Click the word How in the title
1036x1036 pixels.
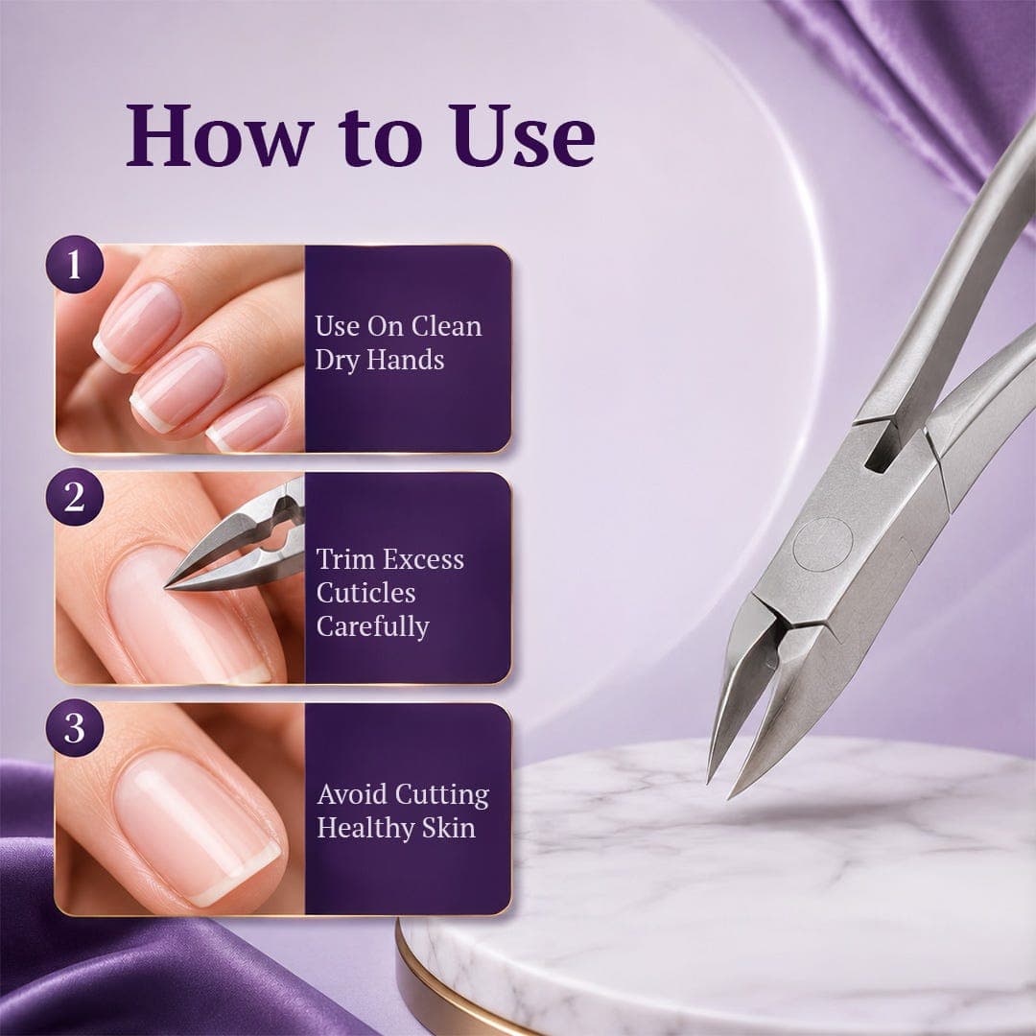[219, 135]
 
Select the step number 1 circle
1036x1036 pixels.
[75, 265]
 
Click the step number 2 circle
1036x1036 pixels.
[75, 497]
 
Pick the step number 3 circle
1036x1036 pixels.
[75, 728]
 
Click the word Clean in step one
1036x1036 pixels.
[447, 326]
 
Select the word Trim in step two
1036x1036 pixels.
[341, 559]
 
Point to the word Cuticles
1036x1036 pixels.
[366, 593]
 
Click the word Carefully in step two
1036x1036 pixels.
[372, 626]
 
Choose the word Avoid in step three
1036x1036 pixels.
[351, 794]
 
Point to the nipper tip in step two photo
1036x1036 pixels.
[167, 585]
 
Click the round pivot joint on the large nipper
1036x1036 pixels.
[822, 545]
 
